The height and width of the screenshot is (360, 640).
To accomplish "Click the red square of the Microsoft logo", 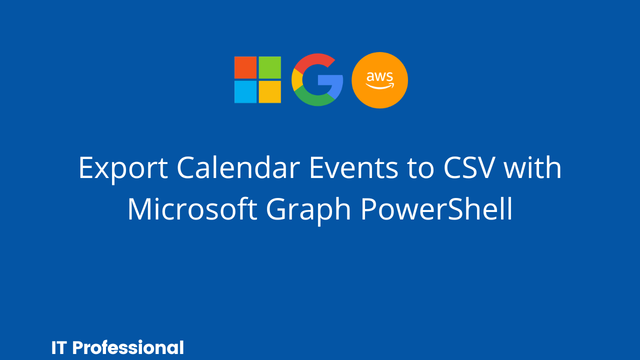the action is [245, 67].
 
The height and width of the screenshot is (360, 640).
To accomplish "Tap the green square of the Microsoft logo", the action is [270, 67].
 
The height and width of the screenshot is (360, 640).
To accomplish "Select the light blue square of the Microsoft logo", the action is [245, 92].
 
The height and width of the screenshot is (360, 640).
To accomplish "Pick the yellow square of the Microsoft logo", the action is [270, 92].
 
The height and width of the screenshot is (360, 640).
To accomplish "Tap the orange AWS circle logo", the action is [379, 80].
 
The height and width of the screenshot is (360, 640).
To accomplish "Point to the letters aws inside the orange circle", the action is [379, 76].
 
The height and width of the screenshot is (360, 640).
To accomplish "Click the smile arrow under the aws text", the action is [380, 86].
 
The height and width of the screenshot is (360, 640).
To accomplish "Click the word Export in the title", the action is [123, 169].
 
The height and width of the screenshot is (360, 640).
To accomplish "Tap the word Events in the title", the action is [354, 167].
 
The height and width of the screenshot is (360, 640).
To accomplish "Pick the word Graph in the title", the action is [308, 211].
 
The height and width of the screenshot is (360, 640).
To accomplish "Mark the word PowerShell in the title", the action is [436, 209].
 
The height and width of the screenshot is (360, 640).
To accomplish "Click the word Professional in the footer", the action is [128, 347].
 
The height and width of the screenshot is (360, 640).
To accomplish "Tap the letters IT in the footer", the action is [59, 347].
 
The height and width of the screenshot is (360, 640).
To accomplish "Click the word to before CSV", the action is [421, 168].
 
